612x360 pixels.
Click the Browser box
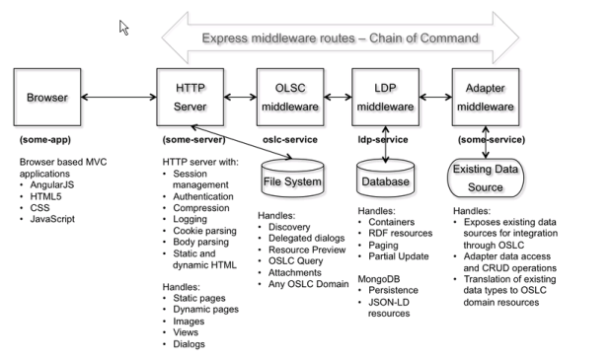pos(47,98)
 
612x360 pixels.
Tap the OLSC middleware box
pos(289,98)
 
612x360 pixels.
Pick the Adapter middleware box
pos(485,98)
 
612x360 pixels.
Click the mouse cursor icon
pos(125,28)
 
